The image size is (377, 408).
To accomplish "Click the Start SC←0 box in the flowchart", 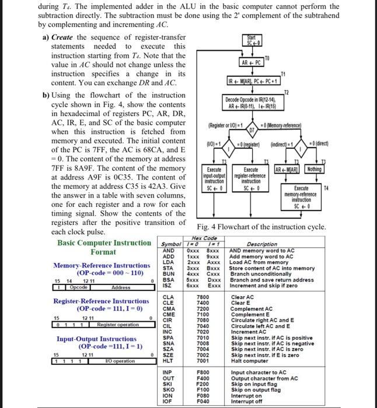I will pyautogui.click(x=254, y=40).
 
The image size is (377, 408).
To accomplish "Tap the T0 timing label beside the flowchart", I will pyautogui.click(x=268, y=57).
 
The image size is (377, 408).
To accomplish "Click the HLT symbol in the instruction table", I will pyautogui.click(x=168, y=360).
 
